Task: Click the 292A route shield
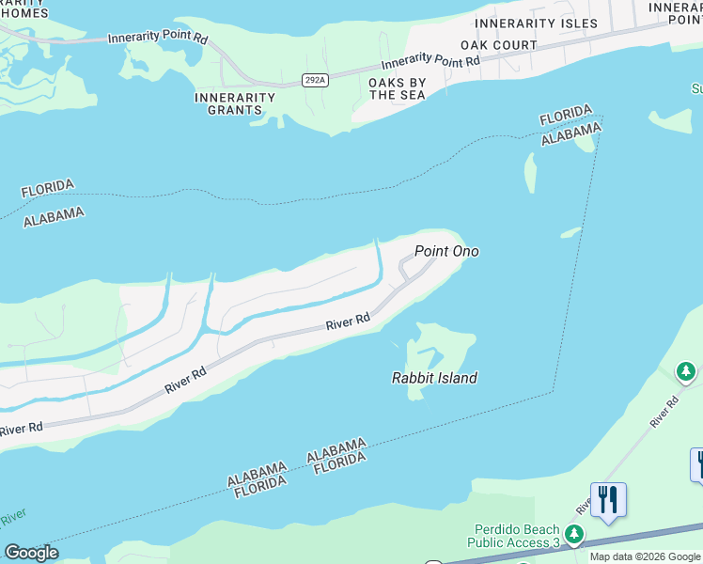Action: pyautogui.click(x=316, y=81)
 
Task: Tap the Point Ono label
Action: pyautogui.click(x=446, y=251)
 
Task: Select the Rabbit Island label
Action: pyautogui.click(x=434, y=378)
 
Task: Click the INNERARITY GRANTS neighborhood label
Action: pyautogui.click(x=235, y=103)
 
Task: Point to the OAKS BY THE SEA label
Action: pyautogui.click(x=398, y=89)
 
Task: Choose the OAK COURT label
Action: pyautogui.click(x=499, y=45)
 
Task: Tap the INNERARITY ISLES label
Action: pyautogui.click(x=536, y=23)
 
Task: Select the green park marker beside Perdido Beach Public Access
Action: pyautogui.click(x=573, y=535)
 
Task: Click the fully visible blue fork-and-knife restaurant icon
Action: pyautogui.click(x=608, y=500)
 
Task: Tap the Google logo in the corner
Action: pyautogui.click(x=31, y=553)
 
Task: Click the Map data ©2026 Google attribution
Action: pyautogui.click(x=645, y=557)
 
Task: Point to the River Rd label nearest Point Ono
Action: pyautogui.click(x=348, y=322)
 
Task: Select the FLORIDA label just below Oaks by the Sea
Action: pyautogui.click(x=565, y=117)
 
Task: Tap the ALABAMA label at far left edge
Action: pyautogui.click(x=53, y=215)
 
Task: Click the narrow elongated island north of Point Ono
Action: pyautogui.click(x=529, y=173)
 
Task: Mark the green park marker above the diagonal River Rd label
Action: pyautogui.click(x=686, y=373)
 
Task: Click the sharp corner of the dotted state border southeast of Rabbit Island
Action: pyautogui.click(x=553, y=391)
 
